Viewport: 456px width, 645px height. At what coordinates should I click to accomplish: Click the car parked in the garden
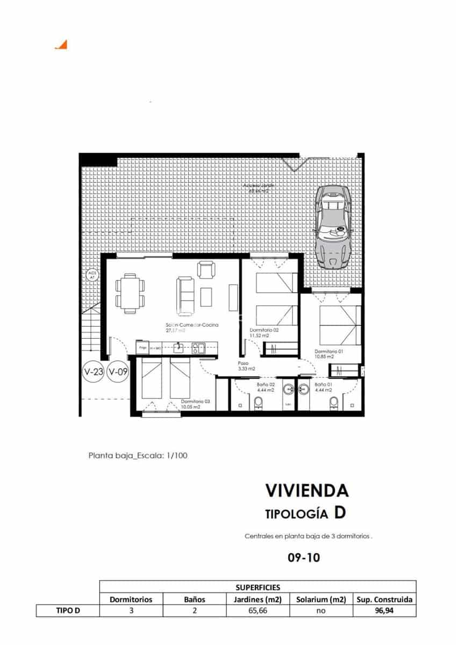333,226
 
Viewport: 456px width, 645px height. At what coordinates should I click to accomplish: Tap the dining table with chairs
130,293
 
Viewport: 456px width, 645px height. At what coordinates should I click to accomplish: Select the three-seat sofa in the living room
185,296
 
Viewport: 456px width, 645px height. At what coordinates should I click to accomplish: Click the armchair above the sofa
206,269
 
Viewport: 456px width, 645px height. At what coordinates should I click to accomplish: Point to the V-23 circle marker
93,371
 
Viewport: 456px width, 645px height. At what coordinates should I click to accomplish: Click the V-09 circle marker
118,371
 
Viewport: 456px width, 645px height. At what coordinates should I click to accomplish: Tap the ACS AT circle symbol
91,276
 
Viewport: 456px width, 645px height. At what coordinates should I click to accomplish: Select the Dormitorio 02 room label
264,331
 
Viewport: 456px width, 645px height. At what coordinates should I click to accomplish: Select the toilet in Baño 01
334,403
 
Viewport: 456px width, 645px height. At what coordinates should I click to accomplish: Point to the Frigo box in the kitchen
142,348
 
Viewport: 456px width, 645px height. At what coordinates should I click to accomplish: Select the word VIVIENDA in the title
307,490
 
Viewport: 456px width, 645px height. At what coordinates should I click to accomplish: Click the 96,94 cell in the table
384,610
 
